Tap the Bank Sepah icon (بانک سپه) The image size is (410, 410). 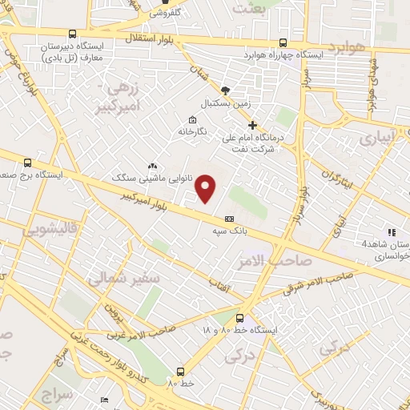click(230, 219)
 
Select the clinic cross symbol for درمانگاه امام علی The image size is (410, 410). click(253, 125)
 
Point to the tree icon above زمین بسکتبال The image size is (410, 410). click(227, 90)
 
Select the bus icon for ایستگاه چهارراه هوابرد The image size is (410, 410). click(283, 43)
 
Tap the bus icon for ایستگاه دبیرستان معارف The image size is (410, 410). click(73, 34)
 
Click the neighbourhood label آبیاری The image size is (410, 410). click(376, 138)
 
